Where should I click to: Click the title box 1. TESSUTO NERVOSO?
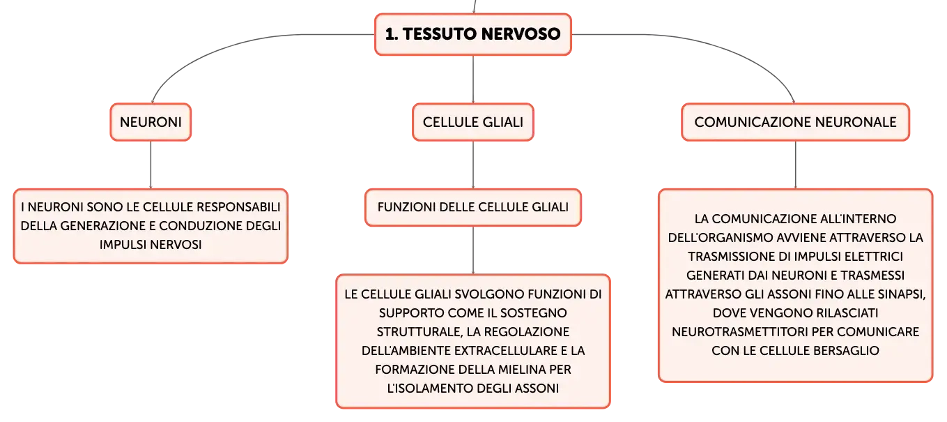473,34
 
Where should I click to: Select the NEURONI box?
151,122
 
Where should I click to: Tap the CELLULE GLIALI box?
473,122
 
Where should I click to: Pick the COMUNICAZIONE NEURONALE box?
795,122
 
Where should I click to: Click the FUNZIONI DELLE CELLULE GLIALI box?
473,207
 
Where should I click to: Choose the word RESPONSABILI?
238,207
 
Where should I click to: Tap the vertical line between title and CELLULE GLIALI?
473,79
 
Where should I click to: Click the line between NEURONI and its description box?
151,165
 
